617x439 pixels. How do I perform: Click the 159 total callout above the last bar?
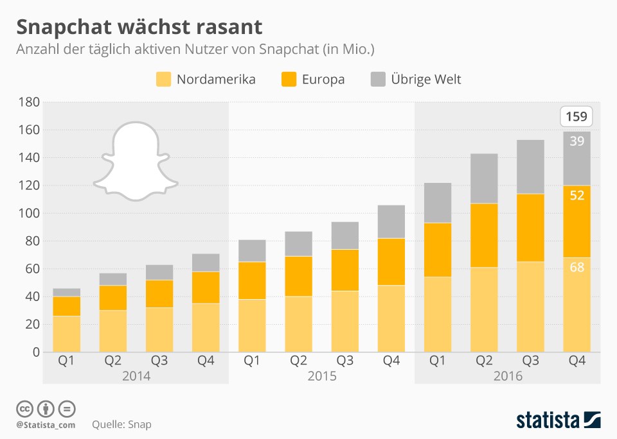tap(576, 116)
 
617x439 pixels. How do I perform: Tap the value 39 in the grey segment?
tap(577, 141)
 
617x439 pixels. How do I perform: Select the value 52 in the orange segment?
tap(577, 195)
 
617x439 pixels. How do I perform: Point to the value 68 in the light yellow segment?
tap(577, 267)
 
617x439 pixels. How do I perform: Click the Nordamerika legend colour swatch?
tap(164, 79)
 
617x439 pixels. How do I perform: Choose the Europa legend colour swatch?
tap(289, 79)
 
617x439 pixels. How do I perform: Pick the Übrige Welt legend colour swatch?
tap(378, 79)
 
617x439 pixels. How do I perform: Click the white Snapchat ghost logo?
tap(136, 161)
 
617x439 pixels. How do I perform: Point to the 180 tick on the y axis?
tap(29, 102)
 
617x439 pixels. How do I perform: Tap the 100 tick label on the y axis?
tap(29, 213)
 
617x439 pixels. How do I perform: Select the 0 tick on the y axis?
tap(36, 352)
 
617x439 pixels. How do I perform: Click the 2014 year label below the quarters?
tap(136, 376)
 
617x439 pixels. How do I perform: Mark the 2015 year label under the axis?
tap(322, 376)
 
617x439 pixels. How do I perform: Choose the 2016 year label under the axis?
tap(508, 376)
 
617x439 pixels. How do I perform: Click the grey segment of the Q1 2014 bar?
tap(66, 293)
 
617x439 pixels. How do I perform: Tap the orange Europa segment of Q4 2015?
tap(391, 262)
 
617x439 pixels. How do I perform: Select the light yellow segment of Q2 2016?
tap(484, 310)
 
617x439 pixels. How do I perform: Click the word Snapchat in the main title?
tap(64, 28)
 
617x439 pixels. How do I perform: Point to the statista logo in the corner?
tap(559, 420)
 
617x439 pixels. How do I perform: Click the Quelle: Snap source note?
tap(121, 424)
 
